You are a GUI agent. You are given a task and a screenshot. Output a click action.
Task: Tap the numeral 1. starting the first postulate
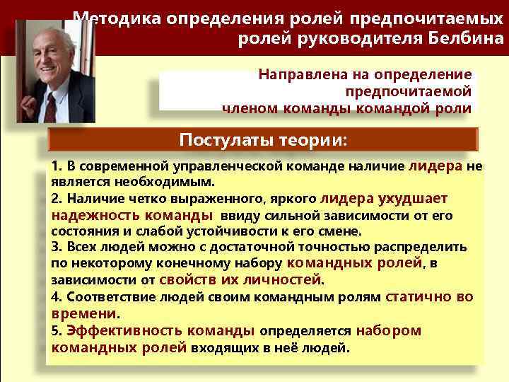tap(57, 166)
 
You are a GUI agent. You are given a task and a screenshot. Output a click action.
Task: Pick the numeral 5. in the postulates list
tap(57, 330)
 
